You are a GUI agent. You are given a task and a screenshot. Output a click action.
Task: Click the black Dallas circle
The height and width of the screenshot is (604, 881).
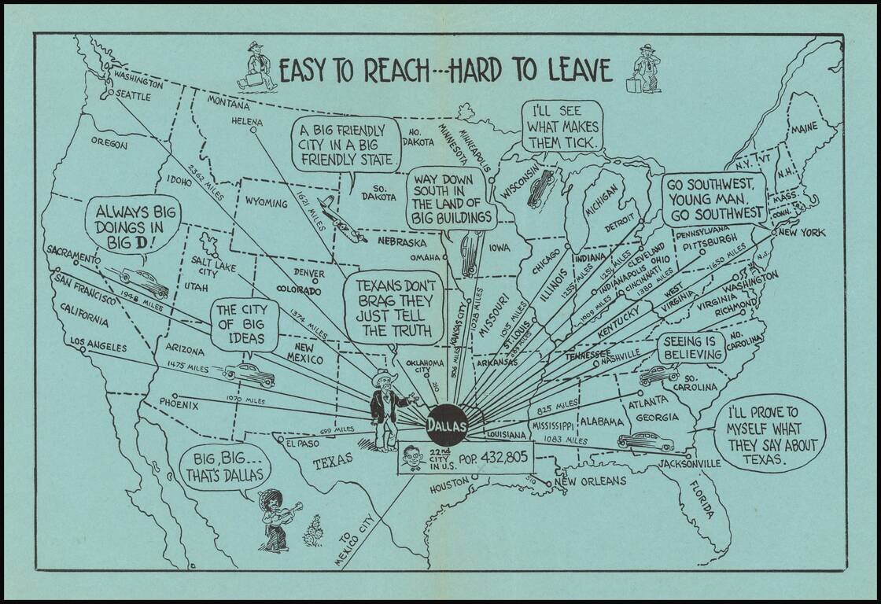coord(447,426)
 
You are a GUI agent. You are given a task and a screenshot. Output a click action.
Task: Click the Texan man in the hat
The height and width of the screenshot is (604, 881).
coord(385,409)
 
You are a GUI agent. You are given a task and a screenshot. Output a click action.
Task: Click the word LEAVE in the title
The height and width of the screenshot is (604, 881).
coord(573,71)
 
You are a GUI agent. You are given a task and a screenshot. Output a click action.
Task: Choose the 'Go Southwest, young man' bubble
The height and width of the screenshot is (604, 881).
coord(713,198)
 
